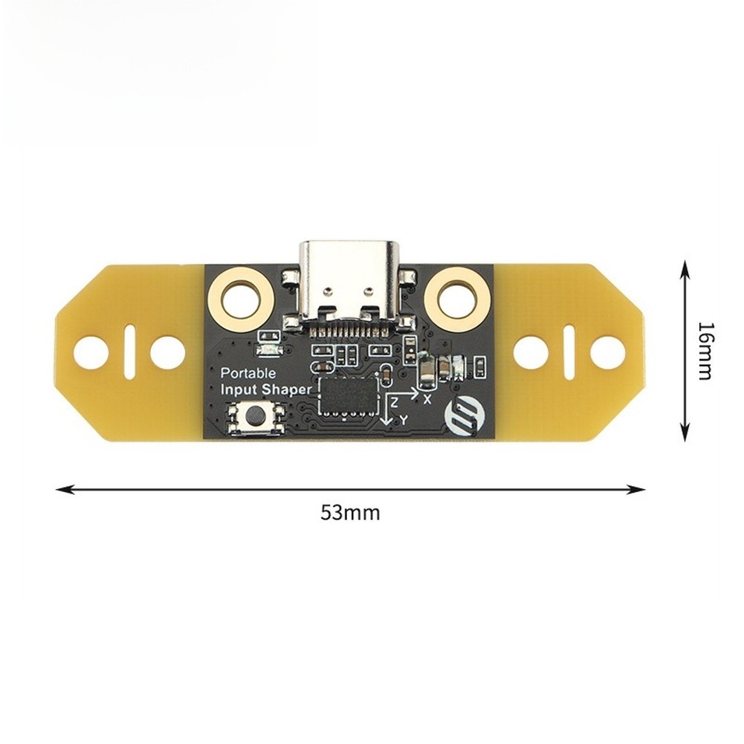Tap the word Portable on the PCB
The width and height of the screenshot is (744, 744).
pyautogui.click(x=248, y=373)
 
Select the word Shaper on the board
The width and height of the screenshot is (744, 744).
pyautogui.click(x=288, y=390)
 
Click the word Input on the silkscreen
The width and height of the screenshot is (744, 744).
pyautogui.click(x=240, y=390)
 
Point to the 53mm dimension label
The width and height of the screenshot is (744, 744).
pyautogui.click(x=350, y=513)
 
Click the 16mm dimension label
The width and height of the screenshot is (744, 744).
pyautogui.click(x=705, y=351)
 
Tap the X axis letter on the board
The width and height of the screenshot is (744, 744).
pyautogui.click(x=427, y=400)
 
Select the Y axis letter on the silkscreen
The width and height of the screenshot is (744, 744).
pyautogui.click(x=404, y=420)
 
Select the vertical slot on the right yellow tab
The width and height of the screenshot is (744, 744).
pyautogui.click(x=569, y=352)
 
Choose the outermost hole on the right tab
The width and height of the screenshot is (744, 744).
pyautogui.click(x=608, y=353)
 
